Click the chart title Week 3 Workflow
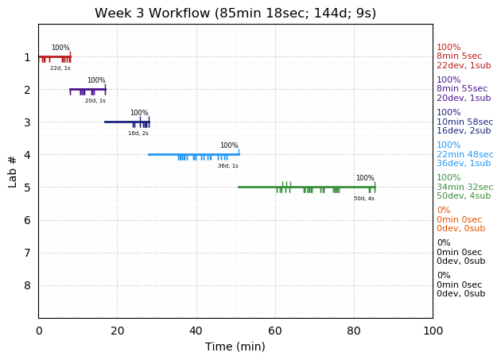[x=235, y=14]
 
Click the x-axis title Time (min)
[x=235, y=346]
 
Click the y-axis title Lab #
[x=13, y=171]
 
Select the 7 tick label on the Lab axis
[x=27, y=253]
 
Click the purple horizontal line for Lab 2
[x=87, y=89]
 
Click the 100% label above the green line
[x=365, y=178]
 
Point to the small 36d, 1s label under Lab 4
[x=228, y=165]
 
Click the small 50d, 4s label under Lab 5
[x=364, y=198]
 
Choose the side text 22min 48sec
[x=464, y=154]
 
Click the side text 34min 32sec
[x=464, y=187]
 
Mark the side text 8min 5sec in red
[x=459, y=56]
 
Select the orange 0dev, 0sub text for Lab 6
[x=460, y=228]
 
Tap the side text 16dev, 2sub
[x=463, y=130]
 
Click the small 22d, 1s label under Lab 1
[x=60, y=68]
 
